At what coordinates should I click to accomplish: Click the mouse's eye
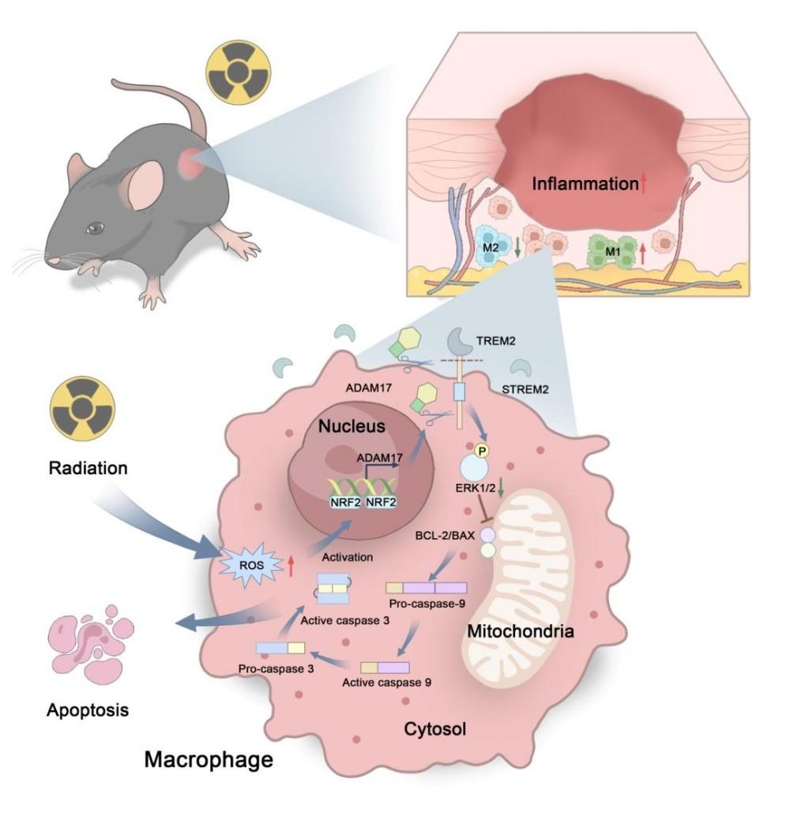point(96,228)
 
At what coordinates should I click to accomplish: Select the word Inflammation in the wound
point(584,185)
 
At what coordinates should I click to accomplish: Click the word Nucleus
point(352,426)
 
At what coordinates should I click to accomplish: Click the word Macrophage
point(209,760)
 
